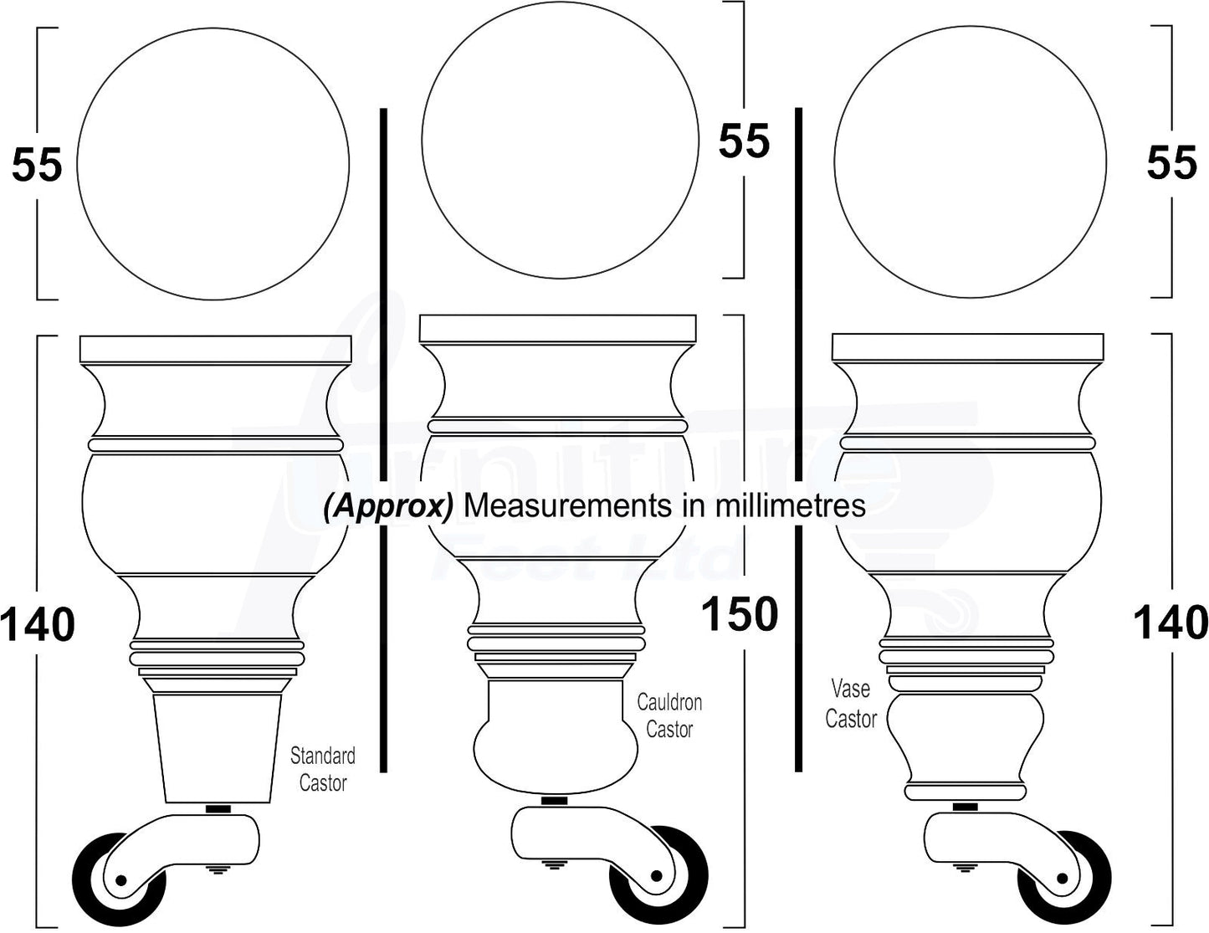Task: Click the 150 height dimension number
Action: click(x=740, y=615)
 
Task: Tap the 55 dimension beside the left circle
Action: click(x=37, y=165)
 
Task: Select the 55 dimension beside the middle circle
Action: click(x=744, y=141)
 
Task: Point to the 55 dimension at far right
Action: click(x=1171, y=162)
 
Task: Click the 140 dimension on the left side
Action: click(x=38, y=625)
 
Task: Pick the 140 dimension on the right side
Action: click(x=1171, y=623)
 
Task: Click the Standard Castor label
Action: click(x=322, y=770)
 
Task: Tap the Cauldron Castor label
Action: click(x=669, y=716)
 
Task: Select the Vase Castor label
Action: click(x=851, y=704)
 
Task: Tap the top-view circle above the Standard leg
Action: click(x=213, y=165)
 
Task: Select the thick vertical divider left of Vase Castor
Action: click(x=799, y=439)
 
